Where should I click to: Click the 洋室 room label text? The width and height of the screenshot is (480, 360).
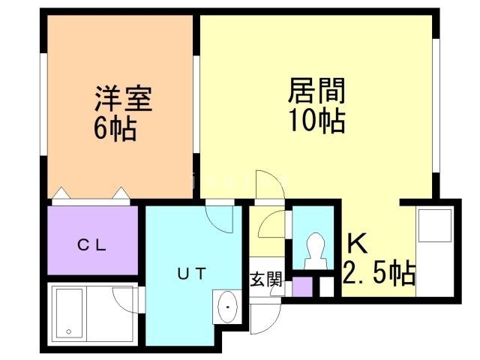124,98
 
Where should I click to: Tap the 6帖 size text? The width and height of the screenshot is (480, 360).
115,129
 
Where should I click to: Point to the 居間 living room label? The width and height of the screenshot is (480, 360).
316,90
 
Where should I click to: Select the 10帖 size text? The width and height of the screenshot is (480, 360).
317,121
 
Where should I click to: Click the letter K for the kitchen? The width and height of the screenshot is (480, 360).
357,243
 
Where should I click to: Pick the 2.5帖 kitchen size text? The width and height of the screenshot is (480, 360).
379,272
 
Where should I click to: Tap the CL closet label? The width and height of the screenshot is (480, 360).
91,245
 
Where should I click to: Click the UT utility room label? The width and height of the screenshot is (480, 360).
192,273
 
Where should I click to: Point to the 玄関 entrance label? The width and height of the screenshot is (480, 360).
266,279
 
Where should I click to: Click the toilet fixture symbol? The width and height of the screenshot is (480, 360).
314,251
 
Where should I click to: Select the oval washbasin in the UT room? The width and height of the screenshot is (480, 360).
226,307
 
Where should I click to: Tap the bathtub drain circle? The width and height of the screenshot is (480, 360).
69,331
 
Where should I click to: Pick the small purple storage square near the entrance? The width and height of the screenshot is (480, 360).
302,286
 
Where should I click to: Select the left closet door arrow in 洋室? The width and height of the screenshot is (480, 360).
62,193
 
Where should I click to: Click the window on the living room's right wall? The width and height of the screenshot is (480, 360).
436,106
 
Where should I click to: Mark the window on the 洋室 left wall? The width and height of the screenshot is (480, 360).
43,104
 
